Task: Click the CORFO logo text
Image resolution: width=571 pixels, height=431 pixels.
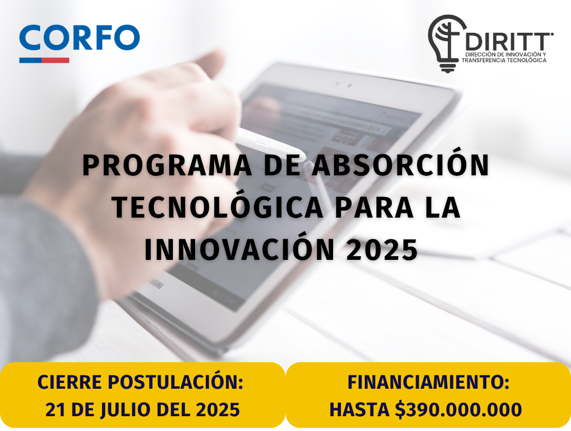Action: (x=79, y=38)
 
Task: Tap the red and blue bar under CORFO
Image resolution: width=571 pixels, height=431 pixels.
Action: (x=44, y=60)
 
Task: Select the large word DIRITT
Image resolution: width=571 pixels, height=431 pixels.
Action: (x=509, y=42)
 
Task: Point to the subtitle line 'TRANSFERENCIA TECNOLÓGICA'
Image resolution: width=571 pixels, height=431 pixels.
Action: (x=504, y=60)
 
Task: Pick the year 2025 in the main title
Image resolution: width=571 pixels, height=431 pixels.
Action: (x=382, y=250)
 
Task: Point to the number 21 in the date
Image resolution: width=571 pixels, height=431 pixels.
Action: (x=56, y=410)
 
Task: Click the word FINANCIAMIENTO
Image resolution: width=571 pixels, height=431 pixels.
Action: (x=428, y=382)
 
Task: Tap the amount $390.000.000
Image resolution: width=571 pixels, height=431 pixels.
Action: (x=458, y=410)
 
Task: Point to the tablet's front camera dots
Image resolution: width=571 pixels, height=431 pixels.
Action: (x=344, y=85)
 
